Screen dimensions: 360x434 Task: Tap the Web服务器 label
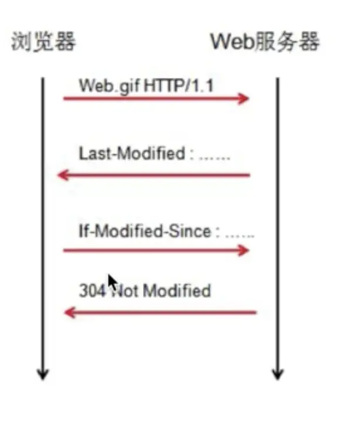click(265, 42)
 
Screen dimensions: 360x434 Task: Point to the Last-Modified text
click(131, 154)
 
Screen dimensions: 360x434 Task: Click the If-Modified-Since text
click(144, 231)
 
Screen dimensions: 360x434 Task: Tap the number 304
click(91, 290)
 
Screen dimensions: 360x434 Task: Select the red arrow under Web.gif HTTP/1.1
click(155, 98)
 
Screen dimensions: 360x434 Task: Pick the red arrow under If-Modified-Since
click(155, 250)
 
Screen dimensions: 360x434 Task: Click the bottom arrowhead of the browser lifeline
click(42, 374)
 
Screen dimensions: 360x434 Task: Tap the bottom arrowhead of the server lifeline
click(278, 374)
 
